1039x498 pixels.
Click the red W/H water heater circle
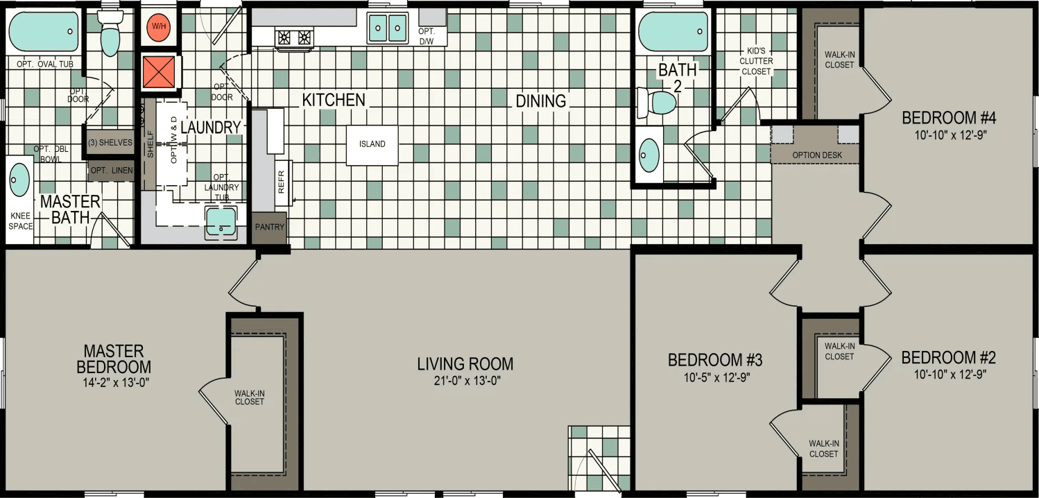[159, 27]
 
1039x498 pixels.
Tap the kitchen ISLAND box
[372, 145]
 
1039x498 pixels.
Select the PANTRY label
[269, 227]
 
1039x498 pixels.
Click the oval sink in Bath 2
[650, 155]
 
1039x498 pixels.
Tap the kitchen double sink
[386, 28]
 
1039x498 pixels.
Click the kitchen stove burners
[295, 37]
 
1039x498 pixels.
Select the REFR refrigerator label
[281, 183]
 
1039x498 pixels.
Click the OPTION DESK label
[817, 155]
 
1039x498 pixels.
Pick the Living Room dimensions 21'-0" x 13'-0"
[465, 380]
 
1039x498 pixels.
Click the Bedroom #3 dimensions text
[715, 378]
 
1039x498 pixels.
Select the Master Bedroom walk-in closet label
[249, 397]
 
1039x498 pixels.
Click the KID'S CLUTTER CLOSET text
[757, 61]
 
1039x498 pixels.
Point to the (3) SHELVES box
[110, 143]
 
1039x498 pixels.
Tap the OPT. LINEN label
[110, 171]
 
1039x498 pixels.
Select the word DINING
[540, 101]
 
